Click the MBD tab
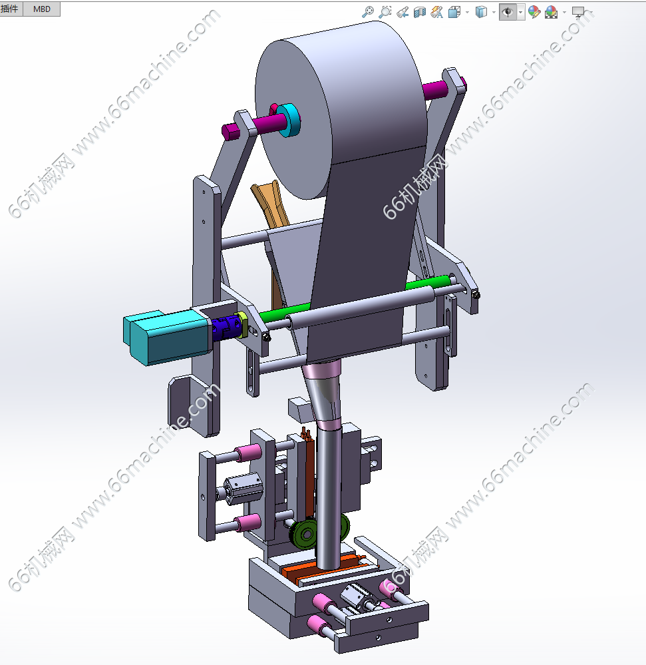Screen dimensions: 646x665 [x=41, y=9]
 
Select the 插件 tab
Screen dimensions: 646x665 [x=10, y=9]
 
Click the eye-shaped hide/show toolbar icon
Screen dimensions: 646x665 [x=508, y=12]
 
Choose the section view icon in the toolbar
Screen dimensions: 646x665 [x=419, y=12]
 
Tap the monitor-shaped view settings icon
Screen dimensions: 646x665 [x=578, y=12]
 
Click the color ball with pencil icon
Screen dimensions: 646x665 [x=534, y=12]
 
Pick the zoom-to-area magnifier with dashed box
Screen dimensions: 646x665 [x=385, y=12]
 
